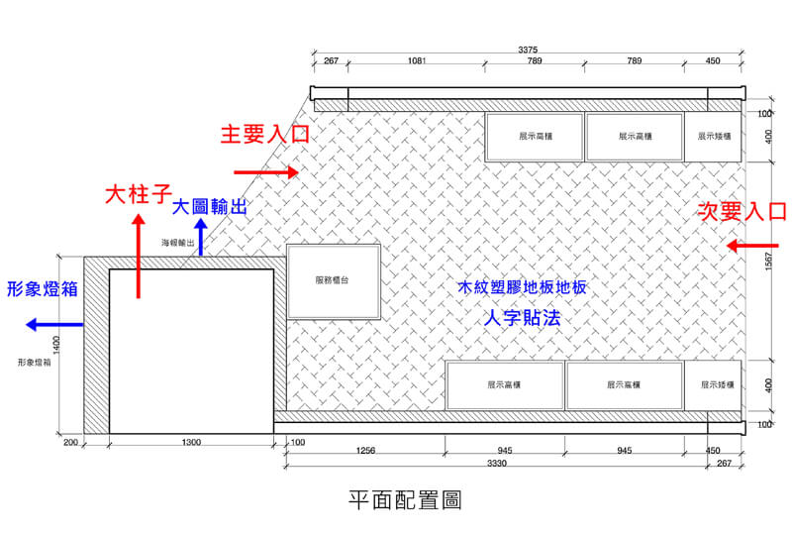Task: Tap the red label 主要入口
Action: click(x=264, y=134)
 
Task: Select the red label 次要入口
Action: click(x=742, y=210)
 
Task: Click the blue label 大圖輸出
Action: click(x=210, y=207)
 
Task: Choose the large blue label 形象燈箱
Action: click(x=42, y=288)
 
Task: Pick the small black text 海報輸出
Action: click(x=179, y=242)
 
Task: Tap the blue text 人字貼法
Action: click(x=521, y=318)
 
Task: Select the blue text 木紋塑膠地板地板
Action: click(x=522, y=288)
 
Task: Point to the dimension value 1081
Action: click(x=417, y=61)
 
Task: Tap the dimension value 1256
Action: click(x=365, y=451)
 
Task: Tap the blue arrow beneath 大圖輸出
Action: click(x=201, y=238)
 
